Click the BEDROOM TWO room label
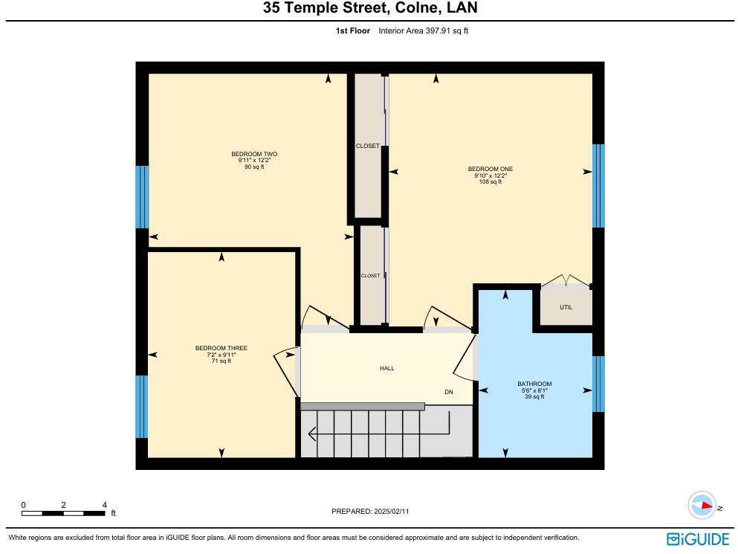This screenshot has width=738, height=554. (x=253, y=154)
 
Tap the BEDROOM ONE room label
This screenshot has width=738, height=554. (x=490, y=169)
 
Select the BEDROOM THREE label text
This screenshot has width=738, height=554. (x=221, y=348)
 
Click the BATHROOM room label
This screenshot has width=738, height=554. (x=534, y=384)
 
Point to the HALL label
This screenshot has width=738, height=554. (x=386, y=368)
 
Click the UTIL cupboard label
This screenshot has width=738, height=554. (x=566, y=307)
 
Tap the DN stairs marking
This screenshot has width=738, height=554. (x=449, y=392)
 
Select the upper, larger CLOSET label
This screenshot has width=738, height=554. (x=367, y=146)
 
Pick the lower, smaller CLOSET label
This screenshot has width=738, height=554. (x=370, y=275)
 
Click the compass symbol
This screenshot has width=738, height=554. (x=702, y=505)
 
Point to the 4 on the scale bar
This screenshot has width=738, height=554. (x=104, y=504)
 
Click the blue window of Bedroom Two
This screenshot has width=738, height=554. (x=142, y=196)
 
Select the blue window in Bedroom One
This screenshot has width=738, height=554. (x=598, y=185)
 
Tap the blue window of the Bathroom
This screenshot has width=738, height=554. (x=598, y=384)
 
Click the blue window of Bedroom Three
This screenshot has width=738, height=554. (x=142, y=406)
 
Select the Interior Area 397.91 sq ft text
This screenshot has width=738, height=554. (x=423, y=30)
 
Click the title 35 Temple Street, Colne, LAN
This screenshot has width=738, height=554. (x=369, y=9)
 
